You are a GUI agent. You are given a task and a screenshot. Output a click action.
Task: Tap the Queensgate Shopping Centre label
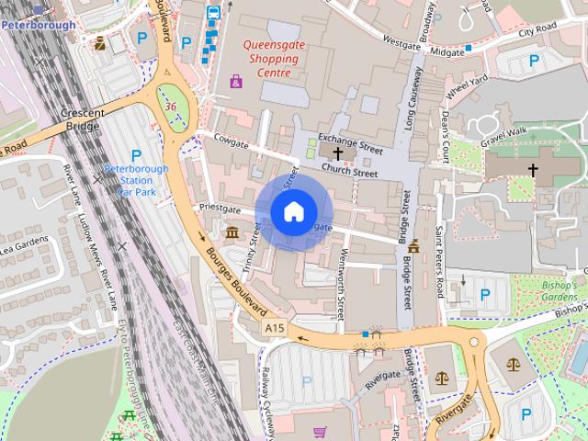[271, 58]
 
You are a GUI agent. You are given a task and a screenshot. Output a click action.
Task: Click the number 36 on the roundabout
[171, 107]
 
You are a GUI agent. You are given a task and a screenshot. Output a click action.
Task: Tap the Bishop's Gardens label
[558, 291]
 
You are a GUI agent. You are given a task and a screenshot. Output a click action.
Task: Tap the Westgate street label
[401, 42]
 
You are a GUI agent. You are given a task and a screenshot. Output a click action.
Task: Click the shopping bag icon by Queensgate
[236, 82]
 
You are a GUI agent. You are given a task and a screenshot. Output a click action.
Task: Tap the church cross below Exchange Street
[339, 153]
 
